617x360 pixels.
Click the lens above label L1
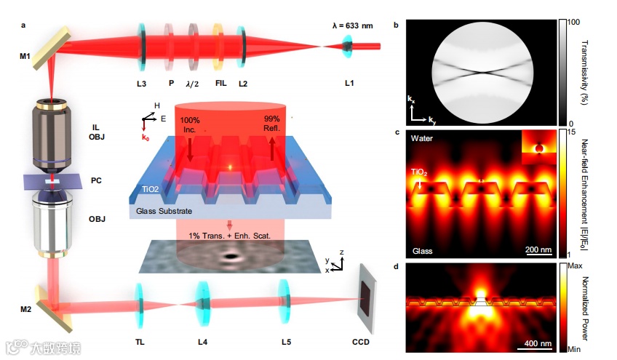tap(349, 48)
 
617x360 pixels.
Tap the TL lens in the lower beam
tap(139, 304)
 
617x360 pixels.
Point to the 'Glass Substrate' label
tap(167, 212)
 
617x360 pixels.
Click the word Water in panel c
tap(423, 137)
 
